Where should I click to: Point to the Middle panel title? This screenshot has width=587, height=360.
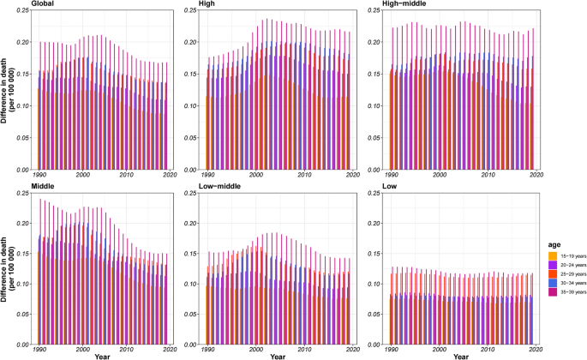pyautogui.click(x=42, y=185)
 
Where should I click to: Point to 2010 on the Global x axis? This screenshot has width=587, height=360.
pyautogui.click(x=128, y=174)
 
